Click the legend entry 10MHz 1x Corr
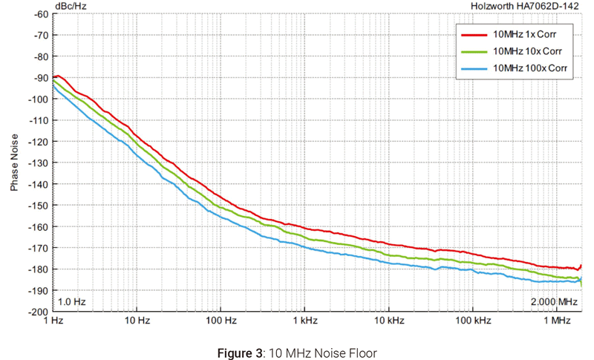pyautogui.click(x=524, y=34)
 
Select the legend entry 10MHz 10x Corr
pyautogui.click(x=526, y=51)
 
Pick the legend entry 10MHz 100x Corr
pyautogui.click(x=529, y=68)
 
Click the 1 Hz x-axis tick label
pyautogui.click(x=53, y=321)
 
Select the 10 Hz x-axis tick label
pyautogui.click(x=137, y=321)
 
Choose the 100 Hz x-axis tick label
pyautogui.click(x=221, y=321)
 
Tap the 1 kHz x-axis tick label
pyautogui.click(x=305, y=321)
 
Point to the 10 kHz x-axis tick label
pyautogui.click(x=389, y=321)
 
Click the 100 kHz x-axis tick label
pyautogui.click(x=473, y=321)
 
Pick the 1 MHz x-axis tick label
pyautogui.click(x=557, y=321)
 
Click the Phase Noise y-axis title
pyautogui.click(x=15, y=162)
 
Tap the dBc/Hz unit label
pyautogui.click(x=70, y=6)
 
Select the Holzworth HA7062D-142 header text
pyautogui.click(x=525, y=6)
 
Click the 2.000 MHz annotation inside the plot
pyautogui.click(x=553, y=302)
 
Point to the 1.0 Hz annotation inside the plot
pyautogui.click(x=73, y=302)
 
